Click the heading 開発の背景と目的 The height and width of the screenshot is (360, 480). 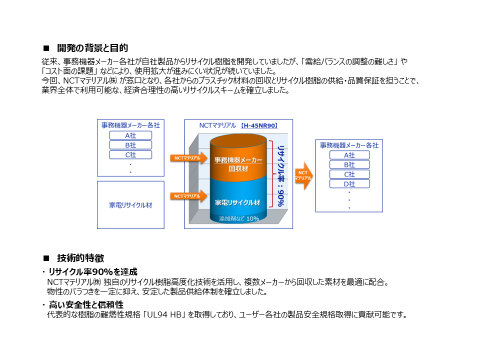tap(92, 48)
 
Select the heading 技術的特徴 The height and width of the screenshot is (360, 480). tap(80, 258)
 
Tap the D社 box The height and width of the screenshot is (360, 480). tap(349, 184)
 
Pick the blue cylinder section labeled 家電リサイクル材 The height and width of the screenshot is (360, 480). tap(237, 202)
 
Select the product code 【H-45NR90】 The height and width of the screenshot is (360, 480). tap(258, 125)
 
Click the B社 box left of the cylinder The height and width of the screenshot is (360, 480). tap(130, 145)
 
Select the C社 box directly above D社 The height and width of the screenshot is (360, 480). tap(349, 174)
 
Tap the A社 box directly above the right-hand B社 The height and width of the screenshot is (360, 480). tap(349, 155)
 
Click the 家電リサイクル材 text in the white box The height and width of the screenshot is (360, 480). tap(130, 205)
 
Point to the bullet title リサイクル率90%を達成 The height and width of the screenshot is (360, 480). tap(93, 272)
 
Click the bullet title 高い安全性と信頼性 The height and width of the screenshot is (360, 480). tap(86, 304)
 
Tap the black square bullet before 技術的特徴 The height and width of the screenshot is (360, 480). tap(46, 258)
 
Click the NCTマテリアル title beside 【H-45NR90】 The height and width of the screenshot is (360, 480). tap(217, 125)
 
